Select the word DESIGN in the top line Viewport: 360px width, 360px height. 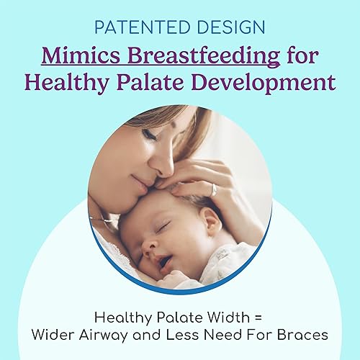[x=228, y=28]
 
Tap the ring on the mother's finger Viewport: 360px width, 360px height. [x=214, y=189]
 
